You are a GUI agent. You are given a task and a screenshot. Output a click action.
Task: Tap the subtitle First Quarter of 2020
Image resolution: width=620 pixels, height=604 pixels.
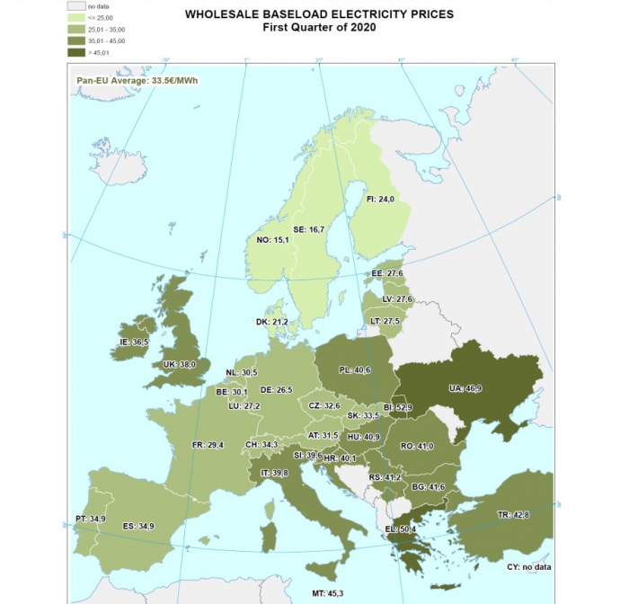318,28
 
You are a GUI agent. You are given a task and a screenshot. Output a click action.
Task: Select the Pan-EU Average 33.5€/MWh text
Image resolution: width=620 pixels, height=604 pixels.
136,80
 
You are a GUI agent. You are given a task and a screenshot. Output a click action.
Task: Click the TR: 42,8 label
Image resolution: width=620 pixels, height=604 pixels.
515,514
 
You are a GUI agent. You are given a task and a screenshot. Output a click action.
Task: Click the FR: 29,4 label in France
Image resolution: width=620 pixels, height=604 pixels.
208,444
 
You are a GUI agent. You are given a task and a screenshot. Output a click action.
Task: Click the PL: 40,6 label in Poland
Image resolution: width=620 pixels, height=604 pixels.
356,369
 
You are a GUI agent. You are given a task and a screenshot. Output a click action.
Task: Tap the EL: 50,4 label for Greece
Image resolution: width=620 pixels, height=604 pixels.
400,529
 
